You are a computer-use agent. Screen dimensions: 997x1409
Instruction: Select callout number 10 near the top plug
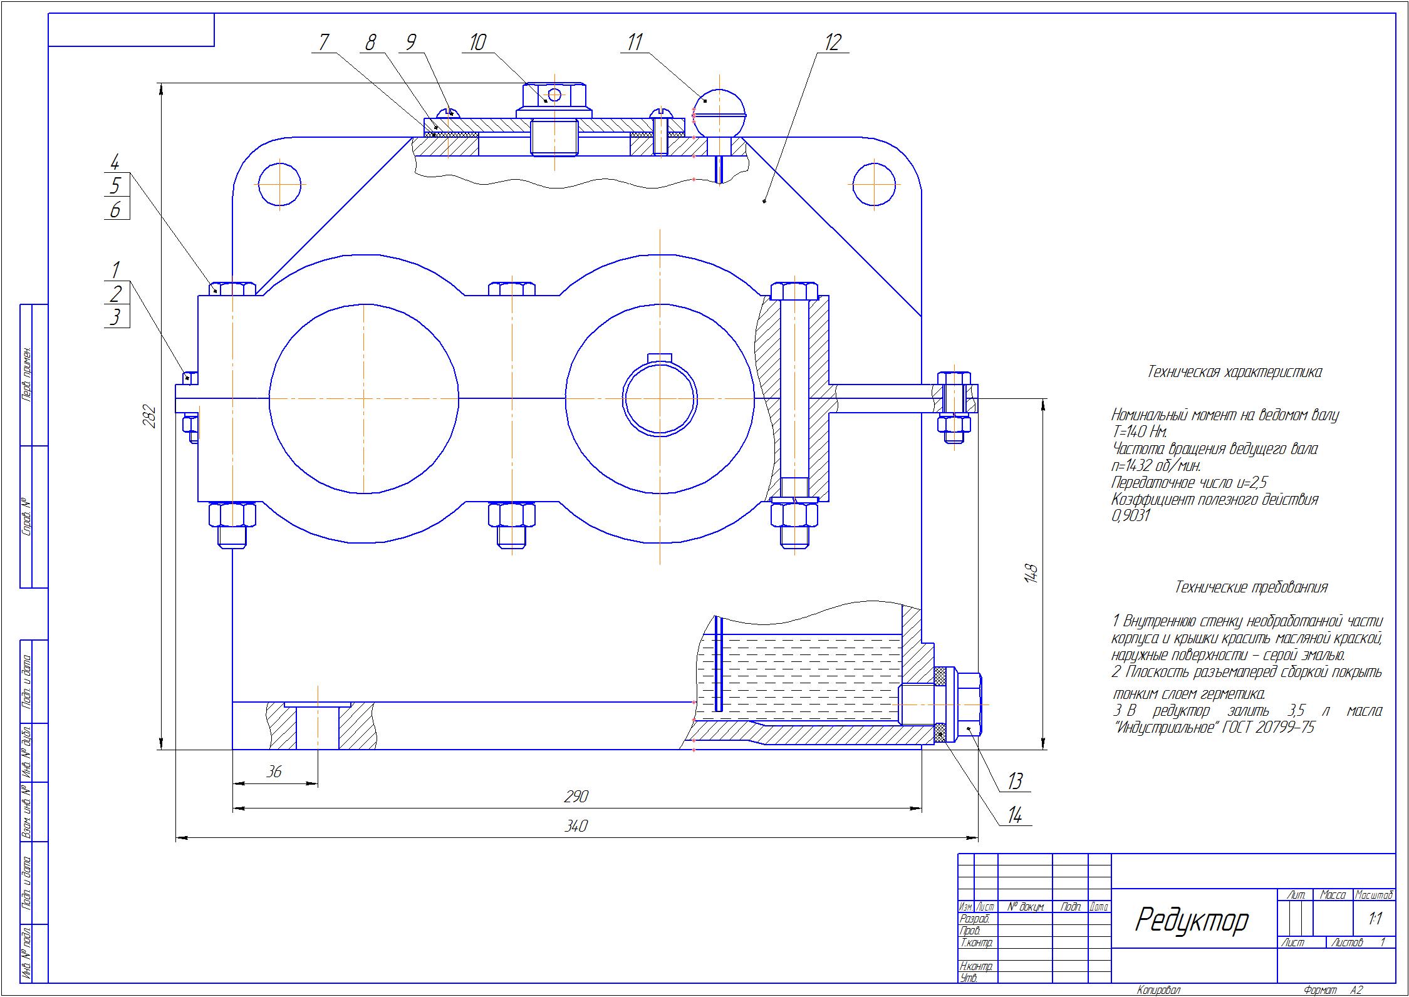tap(477, 43)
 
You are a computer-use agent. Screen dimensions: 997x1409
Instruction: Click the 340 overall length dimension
tap(575, 827)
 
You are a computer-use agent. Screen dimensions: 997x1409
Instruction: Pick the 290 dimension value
tap(575, 797)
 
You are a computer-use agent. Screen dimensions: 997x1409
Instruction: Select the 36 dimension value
tap(274, 772)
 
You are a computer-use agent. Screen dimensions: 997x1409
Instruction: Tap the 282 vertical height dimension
tap(150, 416)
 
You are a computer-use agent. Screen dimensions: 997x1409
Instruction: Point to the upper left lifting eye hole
tap(279, 184)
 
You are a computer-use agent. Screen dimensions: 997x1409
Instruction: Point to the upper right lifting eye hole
tap(874, 184)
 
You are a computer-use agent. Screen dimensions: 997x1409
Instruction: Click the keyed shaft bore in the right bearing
tap(660, 399)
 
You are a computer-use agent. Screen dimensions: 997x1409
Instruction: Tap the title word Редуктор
tap(1191, 921)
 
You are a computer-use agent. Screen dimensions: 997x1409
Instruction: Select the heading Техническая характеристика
tap(1234, 372)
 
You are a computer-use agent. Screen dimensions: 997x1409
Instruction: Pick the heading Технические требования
tap(1250, 587)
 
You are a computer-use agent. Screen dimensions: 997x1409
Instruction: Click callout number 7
tap(324, 43)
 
